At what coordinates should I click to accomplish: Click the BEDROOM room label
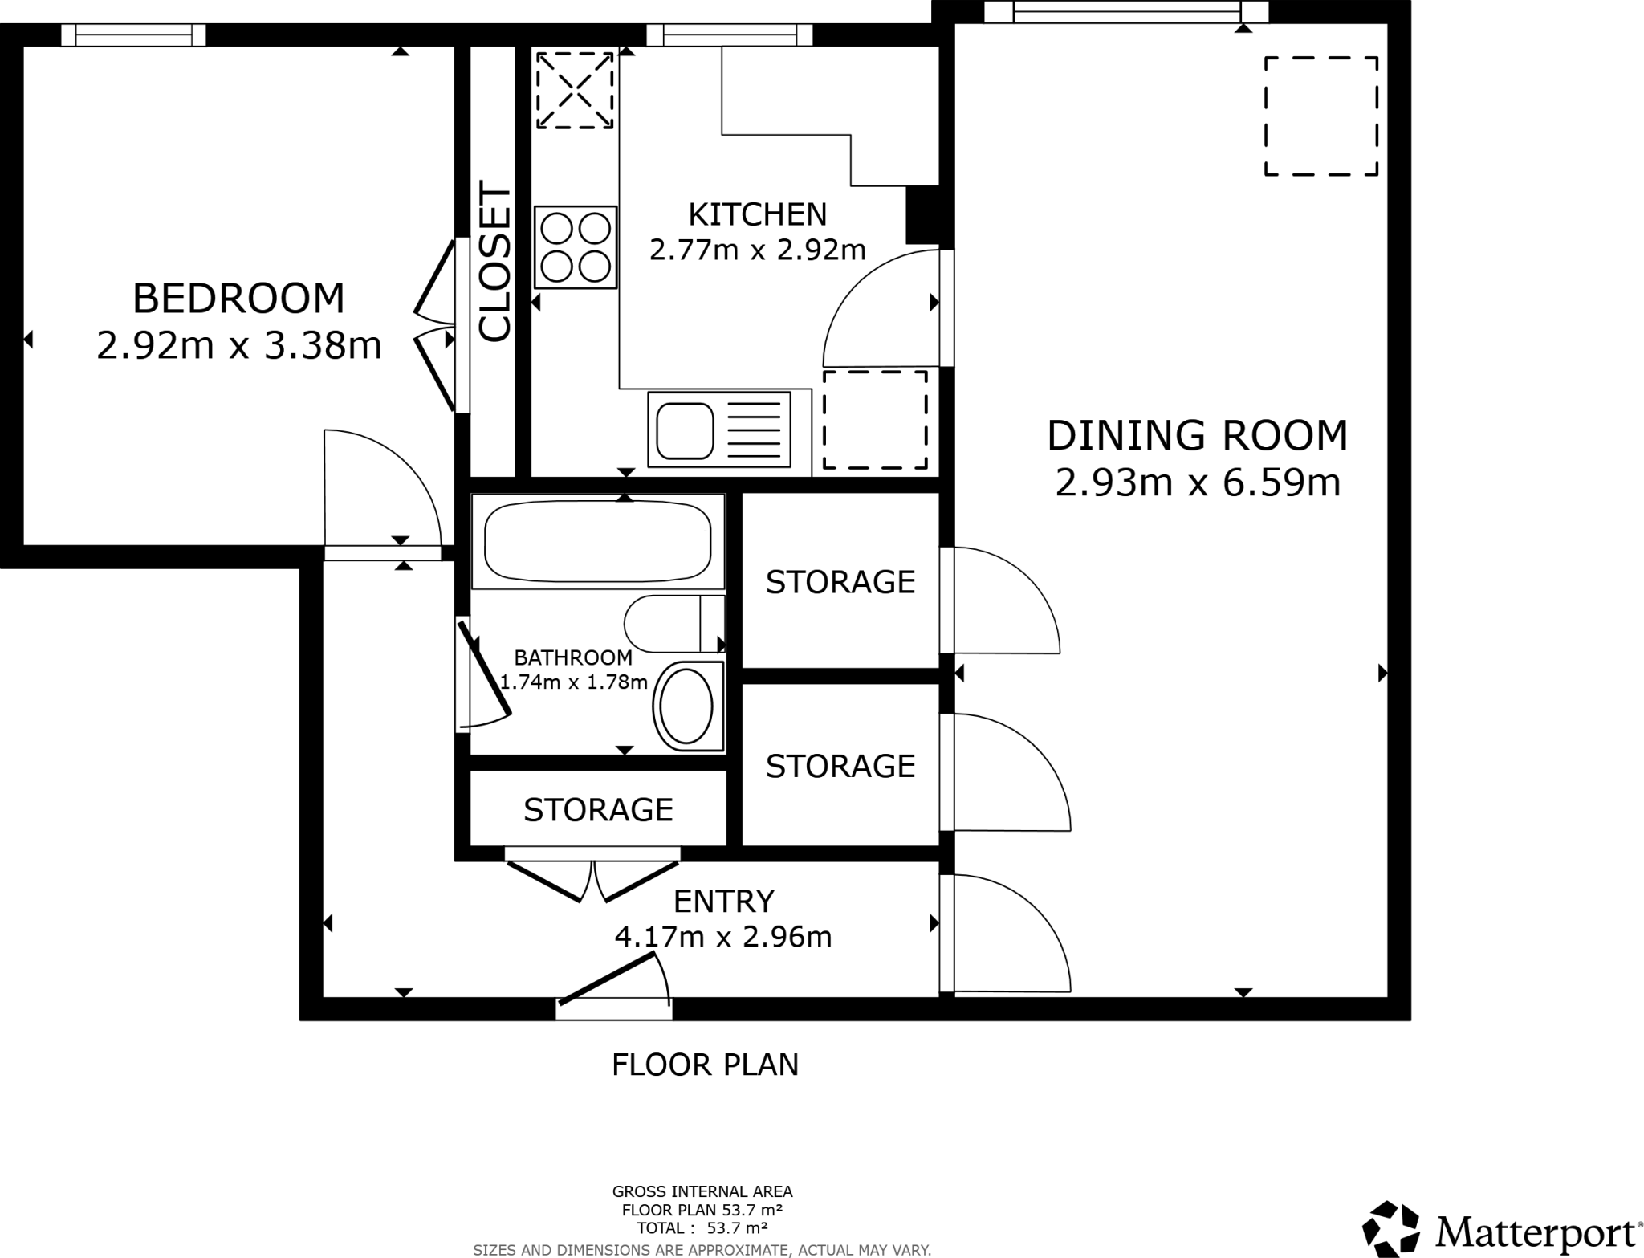[x=238, y=299]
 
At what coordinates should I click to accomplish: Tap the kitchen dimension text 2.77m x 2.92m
[x=757, y=250]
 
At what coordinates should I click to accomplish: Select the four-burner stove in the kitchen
[x=575, y=246]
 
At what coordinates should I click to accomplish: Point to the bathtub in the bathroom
[x=598, y=541]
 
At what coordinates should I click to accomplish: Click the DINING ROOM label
[x=1197, y=435]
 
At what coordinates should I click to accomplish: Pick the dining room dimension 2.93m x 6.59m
[x=1197, y=483]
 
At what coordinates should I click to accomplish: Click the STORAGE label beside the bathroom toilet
[x=840, y=582]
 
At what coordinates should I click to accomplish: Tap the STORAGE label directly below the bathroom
[x=598, y=810]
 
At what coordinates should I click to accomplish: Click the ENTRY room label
[x=723, y=901]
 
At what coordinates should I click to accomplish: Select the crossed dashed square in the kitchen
[x=575, y=90]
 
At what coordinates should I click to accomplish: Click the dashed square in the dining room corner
[x=1320, y=116]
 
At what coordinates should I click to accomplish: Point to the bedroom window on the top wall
[x=134, y=35]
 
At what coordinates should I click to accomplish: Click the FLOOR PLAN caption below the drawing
[x=705, y=1065]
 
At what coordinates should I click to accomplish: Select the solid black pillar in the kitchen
[x=922, y=214]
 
